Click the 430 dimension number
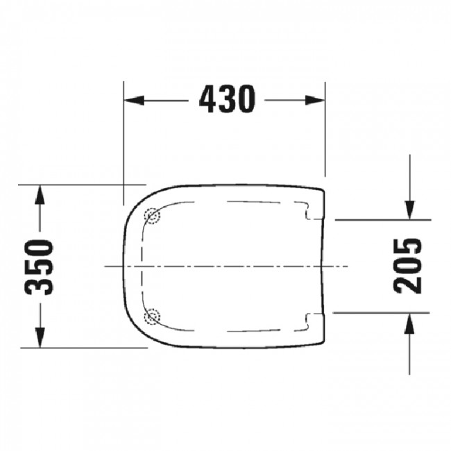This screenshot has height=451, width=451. [227, 99]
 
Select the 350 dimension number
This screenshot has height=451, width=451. [40, 267]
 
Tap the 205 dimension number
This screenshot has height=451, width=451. [407, 266]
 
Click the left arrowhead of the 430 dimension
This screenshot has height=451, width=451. [134, 100]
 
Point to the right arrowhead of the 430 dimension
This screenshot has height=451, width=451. [315, 100]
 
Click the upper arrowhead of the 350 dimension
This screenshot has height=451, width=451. [40, 195]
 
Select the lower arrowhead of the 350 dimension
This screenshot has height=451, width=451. [40, 338]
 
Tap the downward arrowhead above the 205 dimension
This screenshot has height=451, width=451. [409, 210]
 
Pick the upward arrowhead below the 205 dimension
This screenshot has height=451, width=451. [409, 323]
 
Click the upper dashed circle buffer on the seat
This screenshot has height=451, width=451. [152, 216]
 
